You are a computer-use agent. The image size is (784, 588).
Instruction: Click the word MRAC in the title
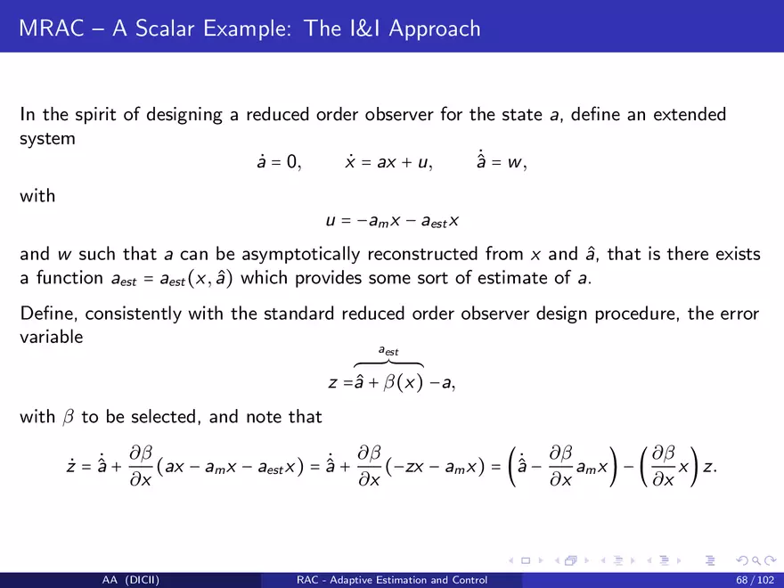click(52, 28)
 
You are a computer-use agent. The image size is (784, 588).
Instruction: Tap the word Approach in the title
click(435, 29)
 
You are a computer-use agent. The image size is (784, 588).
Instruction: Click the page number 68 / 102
click(755, 580)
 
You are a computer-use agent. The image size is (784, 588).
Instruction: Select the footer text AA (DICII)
click(131, 580)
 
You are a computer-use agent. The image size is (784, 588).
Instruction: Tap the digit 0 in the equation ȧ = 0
click(291, 161)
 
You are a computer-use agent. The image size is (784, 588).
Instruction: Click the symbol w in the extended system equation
click(515, 162)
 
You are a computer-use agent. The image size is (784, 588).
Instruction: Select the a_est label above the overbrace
click(388, 351)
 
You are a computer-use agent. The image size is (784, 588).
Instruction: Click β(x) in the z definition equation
click(404, 382)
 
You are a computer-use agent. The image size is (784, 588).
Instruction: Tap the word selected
click(166, 417)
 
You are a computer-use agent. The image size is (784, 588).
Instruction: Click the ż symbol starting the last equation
click(71, 465)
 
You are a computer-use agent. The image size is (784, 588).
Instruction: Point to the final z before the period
click(708, 467)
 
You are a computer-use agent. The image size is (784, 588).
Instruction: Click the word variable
click(51, 337)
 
